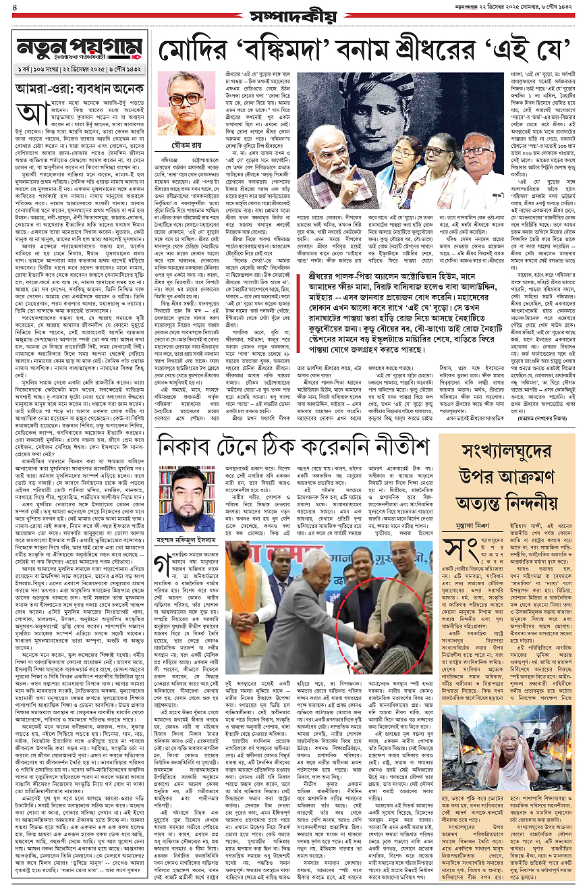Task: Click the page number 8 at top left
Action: (16, 9)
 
